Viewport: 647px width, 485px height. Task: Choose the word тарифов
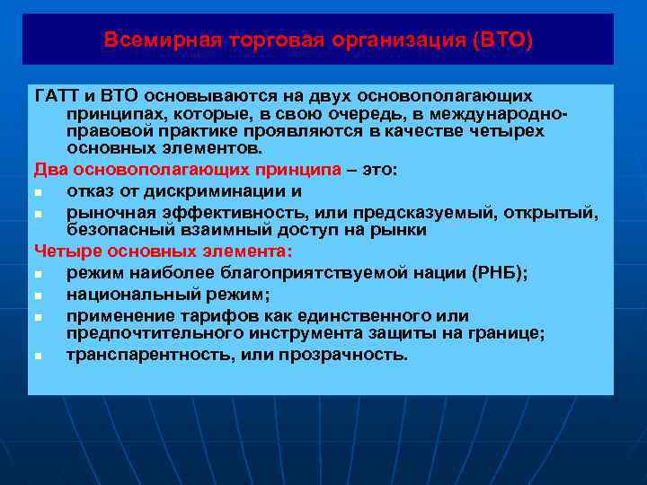click(206, 315)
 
